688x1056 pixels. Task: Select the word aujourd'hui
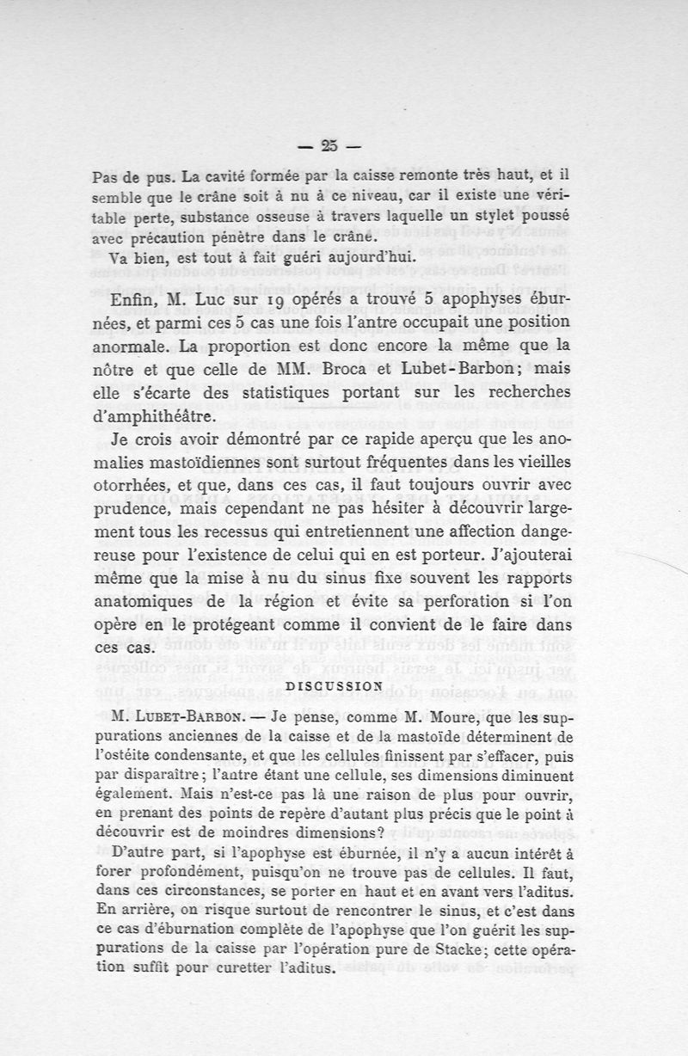click(x=366, y=257)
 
